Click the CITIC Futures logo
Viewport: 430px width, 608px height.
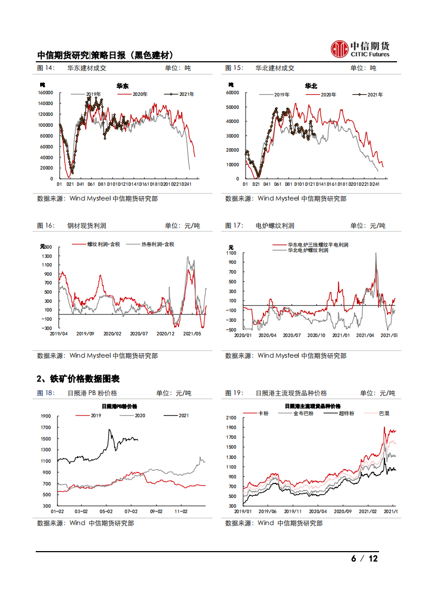360,49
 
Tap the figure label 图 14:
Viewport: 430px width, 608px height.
46,68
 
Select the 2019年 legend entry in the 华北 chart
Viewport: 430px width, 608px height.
281,95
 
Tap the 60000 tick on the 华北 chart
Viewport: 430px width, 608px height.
232,93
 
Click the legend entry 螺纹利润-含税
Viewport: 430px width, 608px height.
103,244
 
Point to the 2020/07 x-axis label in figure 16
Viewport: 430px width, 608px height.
139,334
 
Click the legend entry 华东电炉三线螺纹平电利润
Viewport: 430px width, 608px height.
318,245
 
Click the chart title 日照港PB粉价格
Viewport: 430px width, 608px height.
119,406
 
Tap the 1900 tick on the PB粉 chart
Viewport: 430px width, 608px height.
45,416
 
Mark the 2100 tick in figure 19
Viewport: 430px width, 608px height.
232,418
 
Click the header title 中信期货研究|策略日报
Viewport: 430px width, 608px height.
105,55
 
